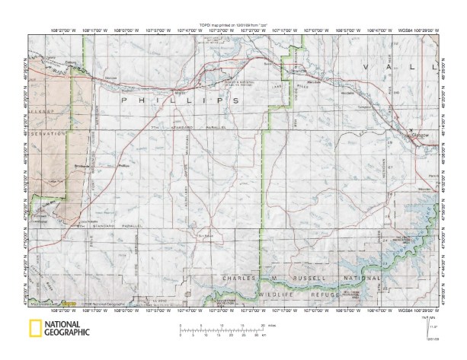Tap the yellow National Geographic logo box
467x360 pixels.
coord(35,329)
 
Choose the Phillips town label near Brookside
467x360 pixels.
coord(125,164)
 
